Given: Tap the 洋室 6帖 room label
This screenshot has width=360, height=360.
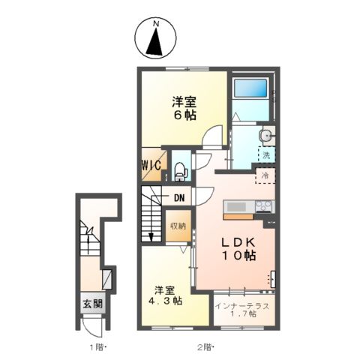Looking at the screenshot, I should [x=184, y=109].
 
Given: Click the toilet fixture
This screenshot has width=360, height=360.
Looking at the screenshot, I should [x=179, y=171].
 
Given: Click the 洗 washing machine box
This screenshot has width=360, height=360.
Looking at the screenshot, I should [x=265, y=155].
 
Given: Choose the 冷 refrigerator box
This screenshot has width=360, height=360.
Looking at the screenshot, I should [x=265, y=175].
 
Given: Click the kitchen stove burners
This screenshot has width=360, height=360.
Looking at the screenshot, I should [x=264, y=206].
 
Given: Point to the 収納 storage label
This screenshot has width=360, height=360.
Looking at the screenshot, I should [x=176, y=226].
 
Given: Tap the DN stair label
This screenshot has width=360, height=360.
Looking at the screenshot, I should [x=178, y=198].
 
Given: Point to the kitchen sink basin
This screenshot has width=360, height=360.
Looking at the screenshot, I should [x=235, y=206].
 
